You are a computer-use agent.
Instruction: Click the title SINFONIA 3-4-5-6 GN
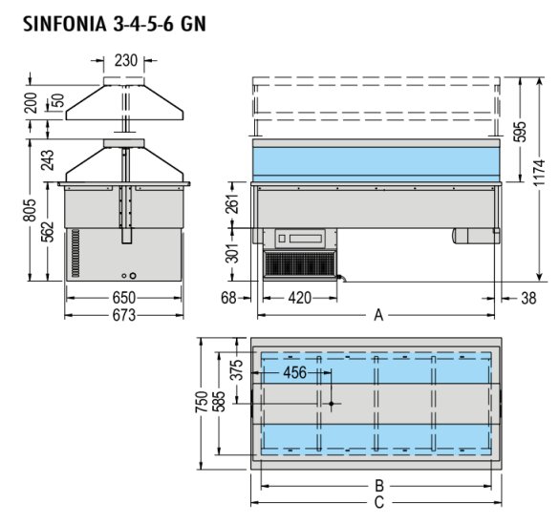(115, 24)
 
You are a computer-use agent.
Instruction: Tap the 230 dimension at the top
(126, 60)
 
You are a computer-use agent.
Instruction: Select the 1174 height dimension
(539, 173)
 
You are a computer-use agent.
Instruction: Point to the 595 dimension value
(521, 132)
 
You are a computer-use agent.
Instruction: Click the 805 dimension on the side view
(30, 210)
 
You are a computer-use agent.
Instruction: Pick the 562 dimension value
(47, 232)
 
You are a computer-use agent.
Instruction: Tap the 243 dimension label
(47, 159)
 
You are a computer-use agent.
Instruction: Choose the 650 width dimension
(123, 298)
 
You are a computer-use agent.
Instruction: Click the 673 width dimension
(124, 315)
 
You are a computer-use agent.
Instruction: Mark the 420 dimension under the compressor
(300, 298)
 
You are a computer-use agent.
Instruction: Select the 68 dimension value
(228, 298)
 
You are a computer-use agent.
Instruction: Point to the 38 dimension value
(528, 299)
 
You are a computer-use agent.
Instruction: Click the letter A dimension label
(378, 315)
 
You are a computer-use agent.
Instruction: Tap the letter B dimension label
(379, 486)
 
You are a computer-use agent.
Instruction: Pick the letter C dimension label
(379, 503)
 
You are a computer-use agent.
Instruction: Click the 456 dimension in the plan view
(295, 372)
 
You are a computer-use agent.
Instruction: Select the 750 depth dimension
(202, 402)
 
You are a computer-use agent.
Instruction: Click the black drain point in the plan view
(332, 404)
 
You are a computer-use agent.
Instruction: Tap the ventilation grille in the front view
(300, 263)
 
